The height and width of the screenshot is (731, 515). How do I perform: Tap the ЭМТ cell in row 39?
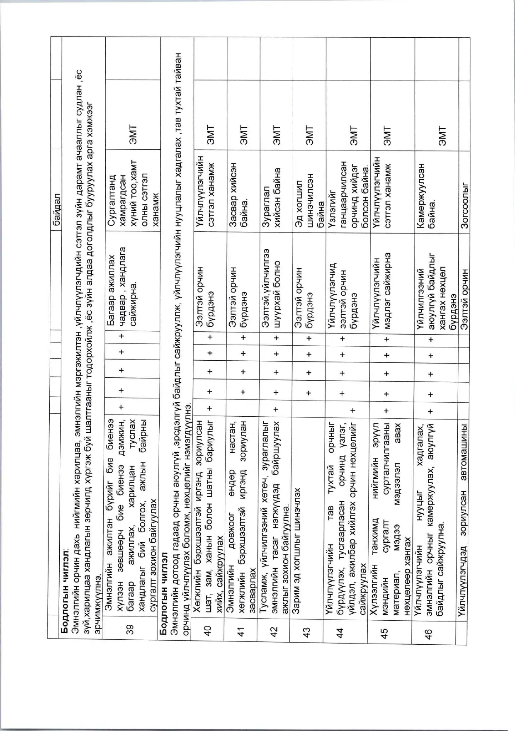click(x=133, y=135)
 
